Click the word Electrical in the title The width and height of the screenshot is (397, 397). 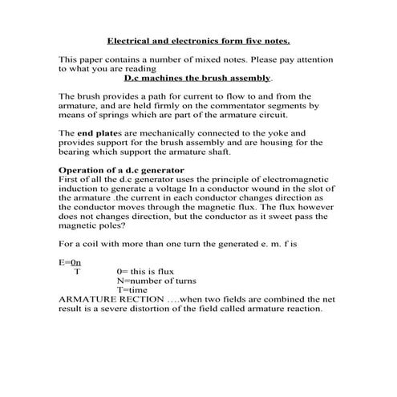click(x=129, y=40)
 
